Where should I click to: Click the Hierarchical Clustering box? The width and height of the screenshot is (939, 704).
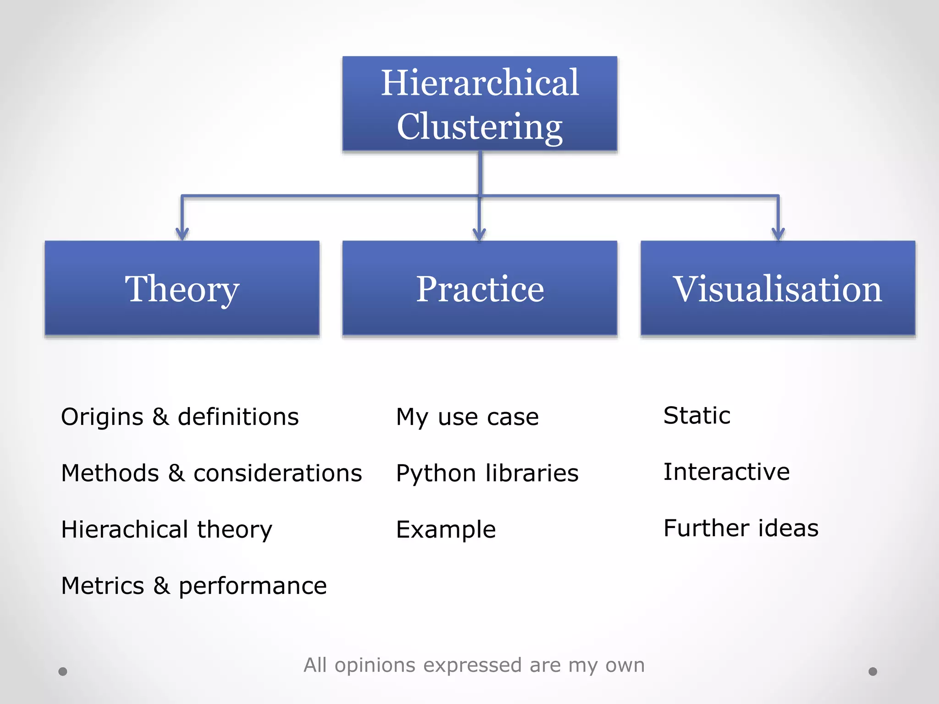coord(480,104)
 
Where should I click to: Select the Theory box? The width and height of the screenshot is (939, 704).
coord(182,288)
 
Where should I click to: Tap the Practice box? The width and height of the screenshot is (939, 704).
coord(480,288)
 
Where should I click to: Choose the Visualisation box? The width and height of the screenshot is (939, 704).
coord(778,288)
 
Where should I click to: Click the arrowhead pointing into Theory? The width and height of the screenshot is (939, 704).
coord(182,233)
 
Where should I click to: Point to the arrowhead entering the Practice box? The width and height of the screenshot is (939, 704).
coord(480,234)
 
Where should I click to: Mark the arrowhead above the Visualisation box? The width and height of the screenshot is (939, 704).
coord(778,233)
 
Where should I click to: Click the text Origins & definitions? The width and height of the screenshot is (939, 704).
coord(180,417)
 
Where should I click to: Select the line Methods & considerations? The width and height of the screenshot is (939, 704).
coord(211,473)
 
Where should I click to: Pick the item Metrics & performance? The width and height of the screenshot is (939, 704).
coord(194,586)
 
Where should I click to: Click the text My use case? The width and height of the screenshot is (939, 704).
coord(467,417)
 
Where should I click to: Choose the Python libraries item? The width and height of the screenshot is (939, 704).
coord(487,473)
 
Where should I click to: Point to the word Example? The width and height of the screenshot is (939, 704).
coord(446,529)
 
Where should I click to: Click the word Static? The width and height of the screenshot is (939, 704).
coord(697,416)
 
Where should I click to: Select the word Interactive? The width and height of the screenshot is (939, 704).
coord(727,472)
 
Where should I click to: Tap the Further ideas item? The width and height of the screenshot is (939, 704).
coord(741,528)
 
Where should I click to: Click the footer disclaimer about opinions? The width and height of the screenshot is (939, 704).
coord(474,665)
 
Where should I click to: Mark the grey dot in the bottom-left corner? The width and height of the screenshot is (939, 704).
coord(63,671)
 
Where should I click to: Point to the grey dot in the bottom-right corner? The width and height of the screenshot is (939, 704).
coord(873,671)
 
